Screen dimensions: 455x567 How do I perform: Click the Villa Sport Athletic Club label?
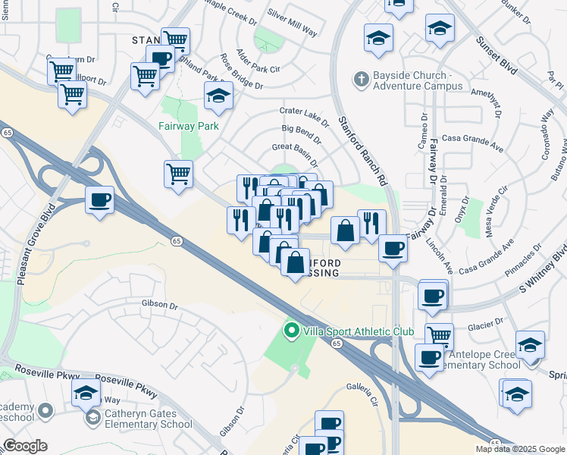pos(359,331)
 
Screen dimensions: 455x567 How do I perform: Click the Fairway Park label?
pos(188,126)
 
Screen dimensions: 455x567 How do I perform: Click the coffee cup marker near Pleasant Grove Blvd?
pos(99,200)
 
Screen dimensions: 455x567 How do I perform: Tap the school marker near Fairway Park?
pos(218,96)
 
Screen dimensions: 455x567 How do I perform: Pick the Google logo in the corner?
pos(24,446)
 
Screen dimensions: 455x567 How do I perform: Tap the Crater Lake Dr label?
pos(304,116)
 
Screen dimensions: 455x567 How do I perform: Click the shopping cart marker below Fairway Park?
pos(178,174)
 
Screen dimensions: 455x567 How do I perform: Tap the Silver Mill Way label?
pos(293,21)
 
